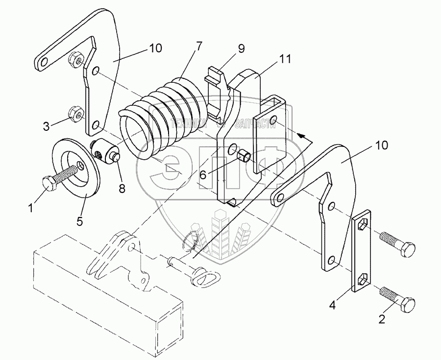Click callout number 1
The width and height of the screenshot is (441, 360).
30,208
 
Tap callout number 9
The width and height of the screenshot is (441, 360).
241,49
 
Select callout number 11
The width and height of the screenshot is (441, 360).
286,59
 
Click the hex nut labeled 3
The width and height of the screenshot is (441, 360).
74,113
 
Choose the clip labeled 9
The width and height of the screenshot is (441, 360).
217,93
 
